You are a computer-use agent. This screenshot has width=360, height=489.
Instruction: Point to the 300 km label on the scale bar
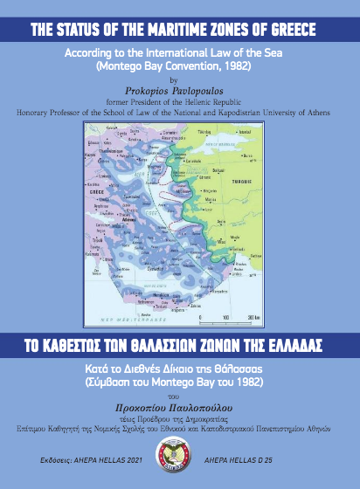pyautogui.click(x=254, y=316)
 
